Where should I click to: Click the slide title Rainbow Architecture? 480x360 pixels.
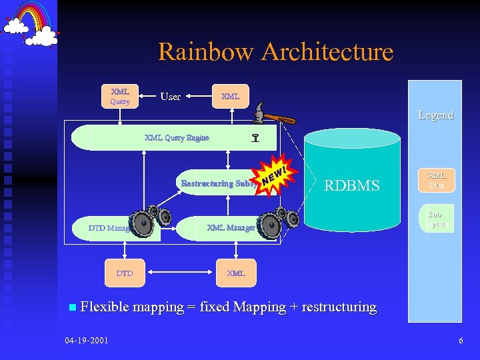click(x=275, y=52)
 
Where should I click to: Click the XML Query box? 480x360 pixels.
click(x=120, y=96)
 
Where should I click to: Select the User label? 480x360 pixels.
click(x=171, y=97)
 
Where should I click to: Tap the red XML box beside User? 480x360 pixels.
click(x=230, y=96)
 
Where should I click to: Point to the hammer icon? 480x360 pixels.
click(x=273, y=117)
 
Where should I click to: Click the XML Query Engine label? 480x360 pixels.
click(x=177, y=138)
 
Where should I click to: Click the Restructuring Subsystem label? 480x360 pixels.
click(x=217, y=183)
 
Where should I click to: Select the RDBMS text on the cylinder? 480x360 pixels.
click(x=351, y=185)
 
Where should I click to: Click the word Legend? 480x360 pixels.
click(x=435, y=115)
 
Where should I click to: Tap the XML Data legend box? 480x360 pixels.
click(x=437, y=180)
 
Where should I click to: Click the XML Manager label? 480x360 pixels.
click(x=231, y=228)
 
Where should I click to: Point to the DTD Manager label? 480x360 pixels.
click(x=109, y=229)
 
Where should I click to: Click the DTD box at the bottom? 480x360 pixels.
click(x=125, y=273)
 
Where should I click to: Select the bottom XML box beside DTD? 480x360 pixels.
click(x=236, y=273)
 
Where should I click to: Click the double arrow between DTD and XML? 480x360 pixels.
click(x=179, y=273)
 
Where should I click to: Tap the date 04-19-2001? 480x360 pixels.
click(x=87, y=341)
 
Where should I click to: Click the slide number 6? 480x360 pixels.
click(x=461, y=341)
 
